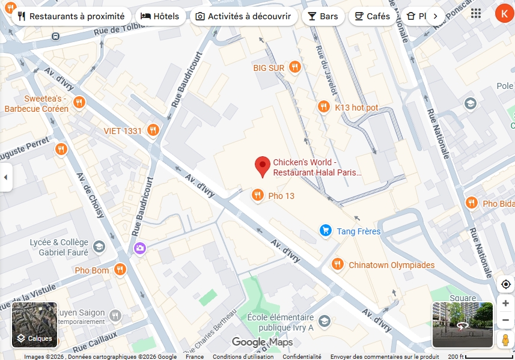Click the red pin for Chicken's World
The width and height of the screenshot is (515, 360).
pyautogui.click(x=262, y=165)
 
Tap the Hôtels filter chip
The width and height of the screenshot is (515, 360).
pyautogui.click(x=160, y=16)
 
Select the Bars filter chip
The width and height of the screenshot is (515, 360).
pyautogui.click(x=323, y=16)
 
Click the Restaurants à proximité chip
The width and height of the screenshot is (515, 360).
pyautogui.click(x=71, y=16)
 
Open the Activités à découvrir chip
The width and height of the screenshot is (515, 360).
pyautogui.click(x=243, y=16)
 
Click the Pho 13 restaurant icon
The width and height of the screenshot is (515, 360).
pyautogui.click(x=257, y=195)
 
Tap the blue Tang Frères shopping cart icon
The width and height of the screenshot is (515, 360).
pyautogui.click(x=326, y=231)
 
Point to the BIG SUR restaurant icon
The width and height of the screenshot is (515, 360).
pyautogui.click(x=294, y=67)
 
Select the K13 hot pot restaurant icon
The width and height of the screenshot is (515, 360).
pyautogui.click(x=324, y=107)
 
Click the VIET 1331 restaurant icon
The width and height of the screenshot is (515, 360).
pyautogui.click(x=153, y=130)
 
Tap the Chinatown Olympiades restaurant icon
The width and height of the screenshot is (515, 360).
pyautogui.click(x=338, y=264)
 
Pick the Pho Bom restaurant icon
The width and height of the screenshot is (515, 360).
pyautogui.click(x=120, y=270)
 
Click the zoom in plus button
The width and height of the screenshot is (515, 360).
pyautogui.click(x=505, y=304)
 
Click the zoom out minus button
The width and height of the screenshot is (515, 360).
pyautogui.click(x=505, y=320)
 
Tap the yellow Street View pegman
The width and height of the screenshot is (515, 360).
pyautogui.click(x=505, y=340)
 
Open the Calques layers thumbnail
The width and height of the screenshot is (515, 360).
pyautogui.click(x=35, y=325)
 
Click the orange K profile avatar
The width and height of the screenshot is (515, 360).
pyautogui.click(x=504, y=14)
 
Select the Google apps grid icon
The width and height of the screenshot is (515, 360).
pyautogui.click(x=476, y=14)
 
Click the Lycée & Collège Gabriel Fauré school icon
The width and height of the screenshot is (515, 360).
pyautogui.click(x=99, y=246)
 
